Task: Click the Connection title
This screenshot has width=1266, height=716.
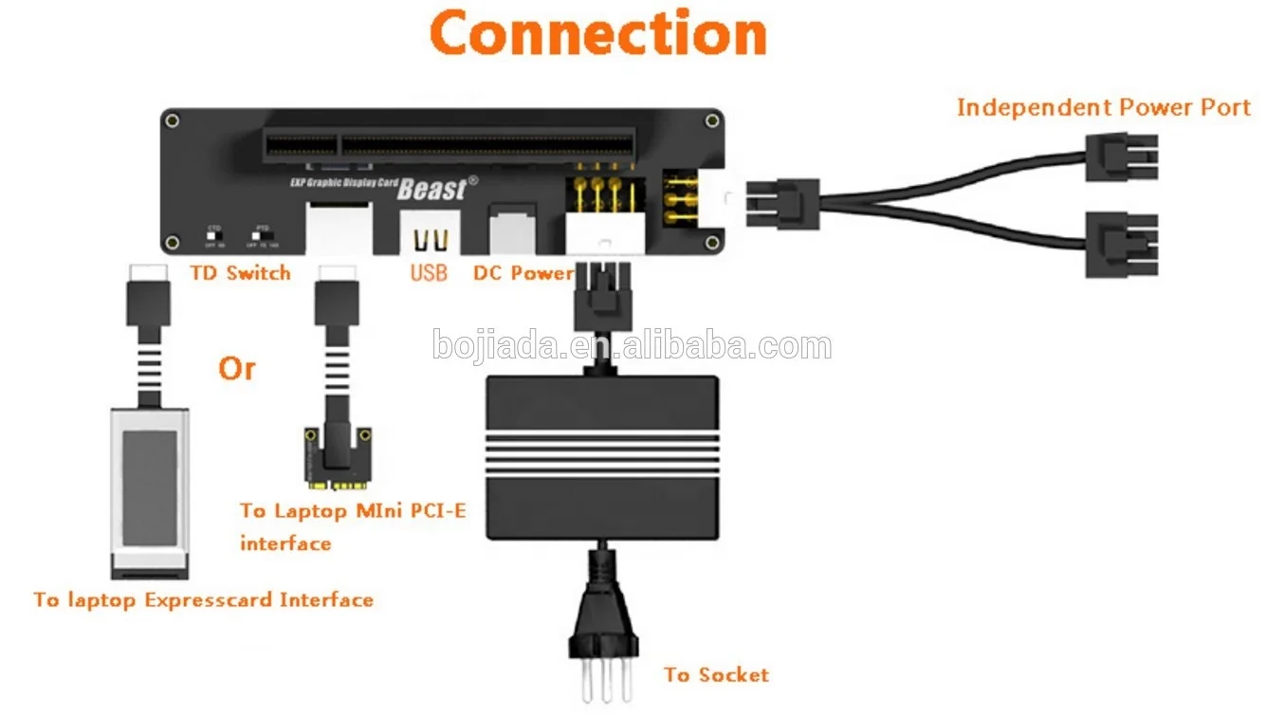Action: pyautogui.click(x=598, y=33)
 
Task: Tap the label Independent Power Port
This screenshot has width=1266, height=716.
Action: pyautogui.click(x=1103, y=107)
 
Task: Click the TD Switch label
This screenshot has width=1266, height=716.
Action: pyautogui.click(x=240, y=273)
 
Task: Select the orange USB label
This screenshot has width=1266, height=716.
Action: pyautogui.click(x=429, y=273)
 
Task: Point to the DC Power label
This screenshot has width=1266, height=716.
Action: pyautogui.click(x=523, y=273)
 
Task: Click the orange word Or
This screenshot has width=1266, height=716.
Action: pyautogui.click(x=236, y=368)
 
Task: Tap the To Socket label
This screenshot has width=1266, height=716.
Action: pyautogui.click(x=716, y=675)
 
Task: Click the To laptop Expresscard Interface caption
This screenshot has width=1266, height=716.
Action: pyautogui.click(x=203, y=599)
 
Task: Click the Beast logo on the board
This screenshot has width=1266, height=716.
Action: pyautogui.click(x=432, y=188)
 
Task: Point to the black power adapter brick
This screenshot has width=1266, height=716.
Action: pyautogui.click(x=601, y=456)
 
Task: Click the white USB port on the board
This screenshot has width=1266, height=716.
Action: pyautogui.click(x=429, y=233)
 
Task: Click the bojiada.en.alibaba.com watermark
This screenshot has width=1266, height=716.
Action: pyautogui.click(x=632, y=345)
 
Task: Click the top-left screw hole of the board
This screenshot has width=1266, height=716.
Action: pyautogui.click(x=172, y=120)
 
